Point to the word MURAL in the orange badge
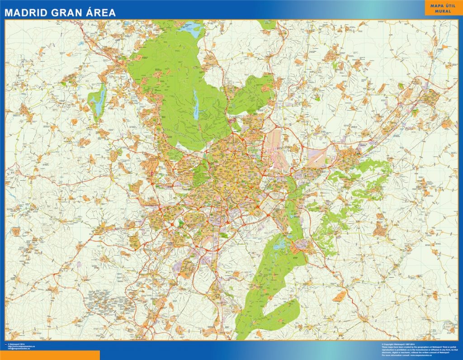pyautogui.click(x=443, y=11)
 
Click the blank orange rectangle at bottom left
pyautogui.click(x=50, y=355)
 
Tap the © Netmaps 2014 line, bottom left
pyautogui.click(x=16, y=344)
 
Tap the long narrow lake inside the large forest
pyautogui.click(x=196, y=104)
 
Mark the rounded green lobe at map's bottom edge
pyautogui.click(x=280, y=312)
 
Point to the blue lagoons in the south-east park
pyautogui.click(x=279, y=244)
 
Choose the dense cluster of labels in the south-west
pyautogui.click(x=109, y=303)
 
